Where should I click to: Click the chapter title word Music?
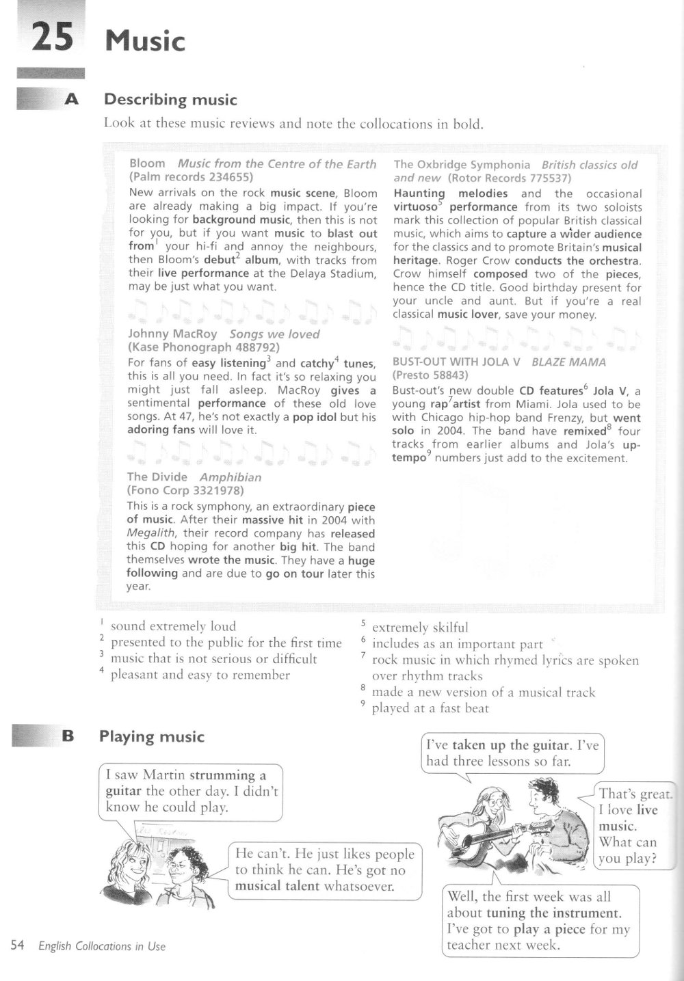[x=144, y=41]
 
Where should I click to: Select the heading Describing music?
[x=170, y=100]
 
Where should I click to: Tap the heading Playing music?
[x=152, y=736]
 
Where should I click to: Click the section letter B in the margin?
[x=67, y=736]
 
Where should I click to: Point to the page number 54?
[x=18, y=946]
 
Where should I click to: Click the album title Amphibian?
[x=230, y=477]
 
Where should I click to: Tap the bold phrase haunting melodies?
[x=450, y=193]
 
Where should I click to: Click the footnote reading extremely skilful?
[x=420, y=628]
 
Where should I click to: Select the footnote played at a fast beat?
[x=430, y=708]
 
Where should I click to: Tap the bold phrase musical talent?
[x=277, y=886]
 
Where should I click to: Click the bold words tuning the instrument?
[x=553, y=913]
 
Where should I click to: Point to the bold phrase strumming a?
[x=228, y=775]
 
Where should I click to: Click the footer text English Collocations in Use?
[x=102, y=947]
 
